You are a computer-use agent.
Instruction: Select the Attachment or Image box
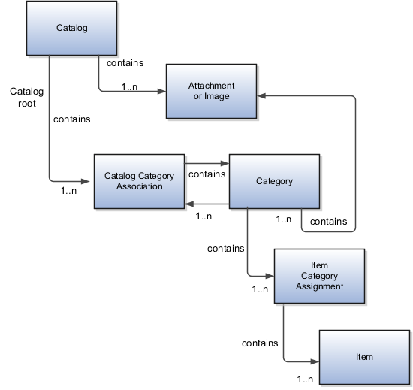point(211,92)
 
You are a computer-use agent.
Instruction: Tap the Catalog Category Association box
point(139,181)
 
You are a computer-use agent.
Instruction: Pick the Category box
point(274,181)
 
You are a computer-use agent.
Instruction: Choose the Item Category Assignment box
point(319,276)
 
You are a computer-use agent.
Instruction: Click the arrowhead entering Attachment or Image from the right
point(261,96)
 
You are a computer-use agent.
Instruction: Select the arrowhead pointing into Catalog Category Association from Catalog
point(89,180)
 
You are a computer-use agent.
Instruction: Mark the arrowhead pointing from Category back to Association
point(190,204)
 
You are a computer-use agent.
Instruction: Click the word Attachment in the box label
point(211,86)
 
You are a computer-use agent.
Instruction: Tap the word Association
point(139,186)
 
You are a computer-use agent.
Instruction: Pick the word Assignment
point(319,286)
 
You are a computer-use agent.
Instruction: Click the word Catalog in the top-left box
point(71,29)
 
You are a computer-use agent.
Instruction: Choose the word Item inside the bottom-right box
point(364,357)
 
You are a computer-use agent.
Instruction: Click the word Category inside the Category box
point(274,181)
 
